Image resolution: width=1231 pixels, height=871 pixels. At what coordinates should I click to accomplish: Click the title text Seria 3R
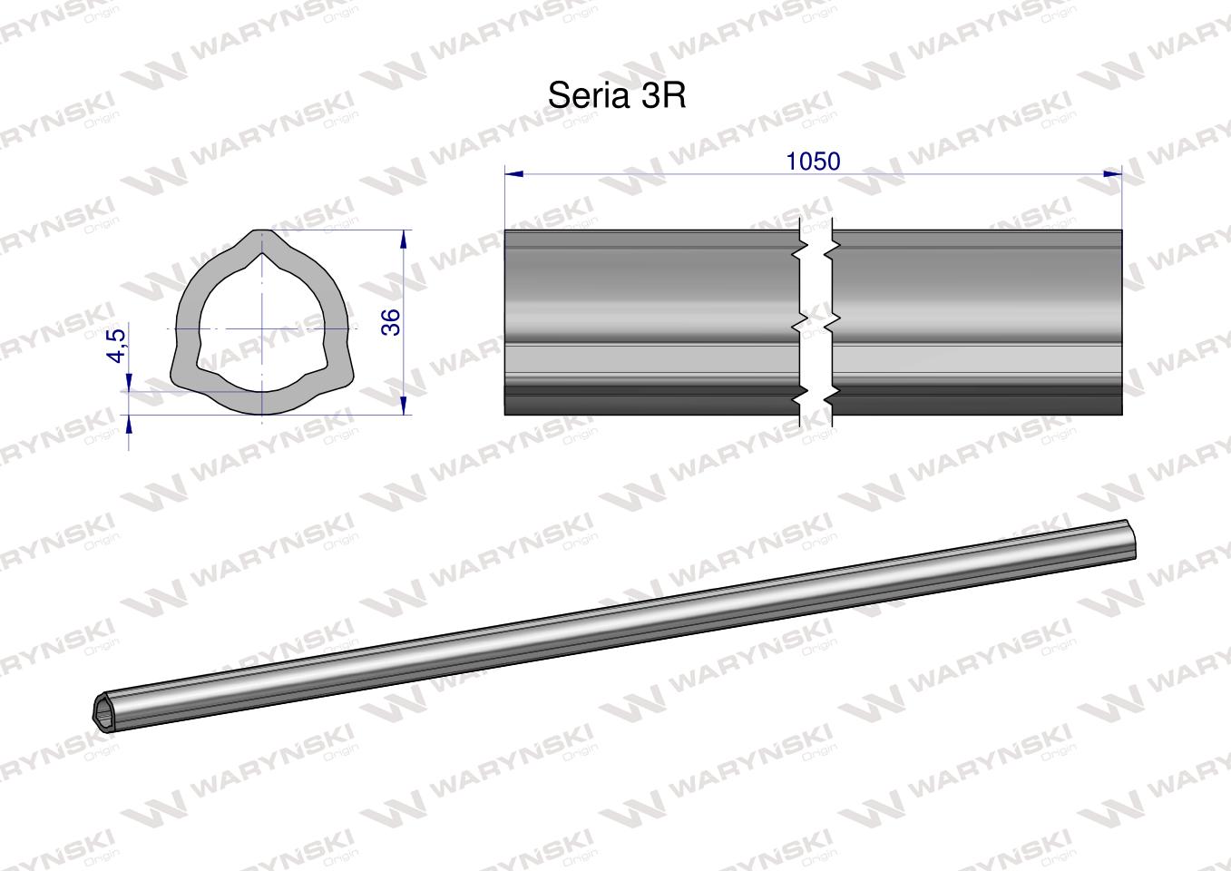[617, 96]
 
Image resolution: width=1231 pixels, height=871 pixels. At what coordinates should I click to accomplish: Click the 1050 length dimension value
[813, 161]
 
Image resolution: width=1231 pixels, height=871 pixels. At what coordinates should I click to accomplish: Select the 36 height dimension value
[391, 322]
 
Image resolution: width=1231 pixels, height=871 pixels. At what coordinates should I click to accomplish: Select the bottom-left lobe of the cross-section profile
[181, 377]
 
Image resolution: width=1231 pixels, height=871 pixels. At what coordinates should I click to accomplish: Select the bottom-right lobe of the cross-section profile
[342, 377]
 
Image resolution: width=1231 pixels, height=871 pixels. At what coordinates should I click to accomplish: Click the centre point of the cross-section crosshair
[262, 328]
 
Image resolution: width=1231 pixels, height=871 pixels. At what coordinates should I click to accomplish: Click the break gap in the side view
[816, 322]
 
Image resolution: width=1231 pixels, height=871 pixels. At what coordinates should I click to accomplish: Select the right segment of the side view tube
[976, 322]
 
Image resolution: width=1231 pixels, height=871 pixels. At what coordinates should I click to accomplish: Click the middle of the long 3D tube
[617, 624]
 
